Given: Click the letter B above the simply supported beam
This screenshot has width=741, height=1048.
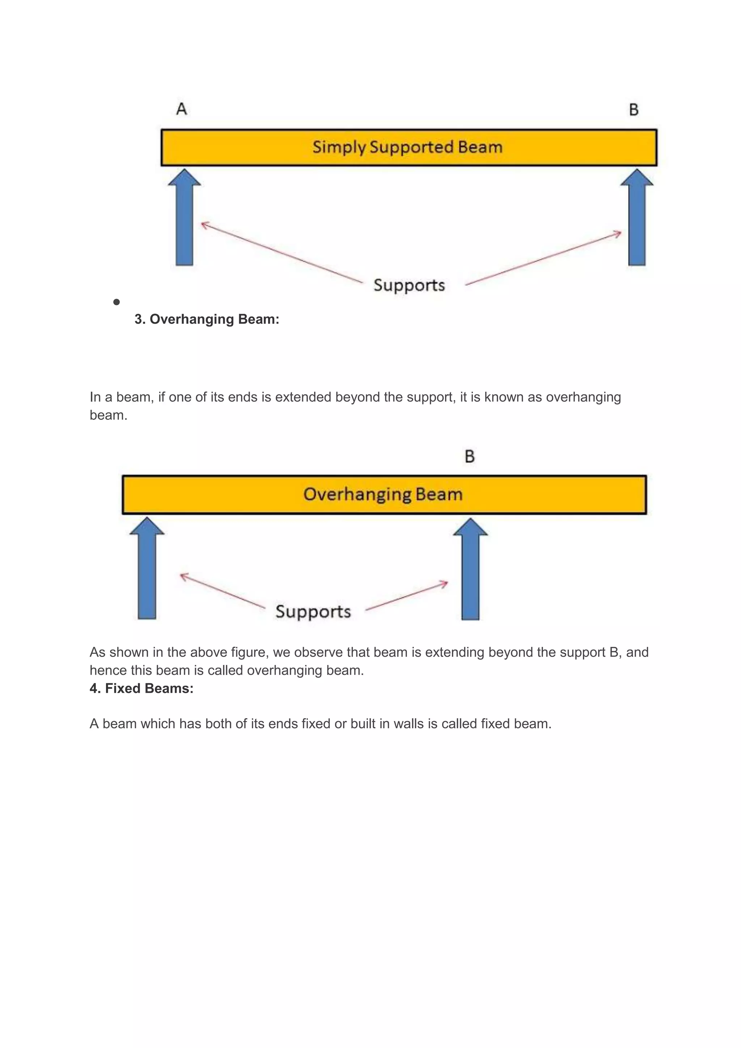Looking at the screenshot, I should click(634, 110).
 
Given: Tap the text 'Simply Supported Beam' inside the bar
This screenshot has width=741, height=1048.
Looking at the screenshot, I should click(407, 147).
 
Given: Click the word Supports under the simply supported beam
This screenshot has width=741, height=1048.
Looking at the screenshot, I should click(409, 285).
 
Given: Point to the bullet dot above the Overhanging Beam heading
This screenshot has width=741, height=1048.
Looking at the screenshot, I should click(117, 302).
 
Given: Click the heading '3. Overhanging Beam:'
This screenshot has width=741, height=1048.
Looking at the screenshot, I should click(207, 319).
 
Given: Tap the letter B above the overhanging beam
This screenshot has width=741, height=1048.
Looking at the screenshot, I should click(470, 456).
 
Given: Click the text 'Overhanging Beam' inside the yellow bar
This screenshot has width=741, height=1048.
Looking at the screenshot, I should click(383, 494).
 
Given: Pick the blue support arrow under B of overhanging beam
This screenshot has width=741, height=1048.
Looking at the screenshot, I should click(470, 570).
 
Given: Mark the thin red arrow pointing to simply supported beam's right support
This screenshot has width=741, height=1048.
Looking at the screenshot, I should click(543, 258).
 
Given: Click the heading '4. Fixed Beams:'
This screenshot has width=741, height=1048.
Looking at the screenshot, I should click(141, 688).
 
